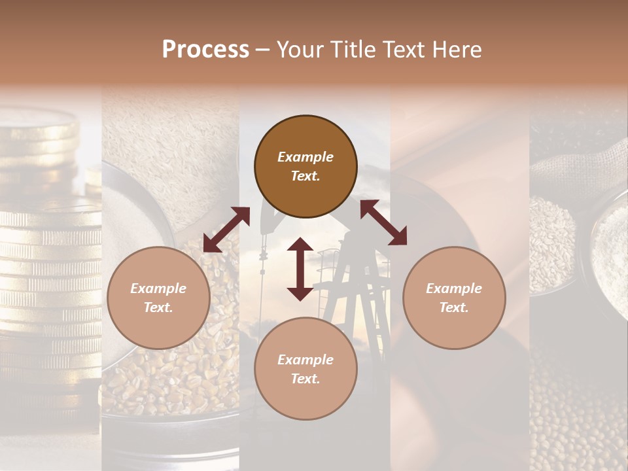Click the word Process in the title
(205, 50)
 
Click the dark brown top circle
(305, 166)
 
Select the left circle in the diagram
(158, 298)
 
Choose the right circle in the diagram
(454, 298)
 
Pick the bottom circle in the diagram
(305, 369)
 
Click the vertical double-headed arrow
(300, 269)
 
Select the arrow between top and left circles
(226, 230)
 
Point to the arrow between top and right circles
(383, 223)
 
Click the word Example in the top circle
(305, 157)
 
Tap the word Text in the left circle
(158, 307)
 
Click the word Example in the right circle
(454, 288)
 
